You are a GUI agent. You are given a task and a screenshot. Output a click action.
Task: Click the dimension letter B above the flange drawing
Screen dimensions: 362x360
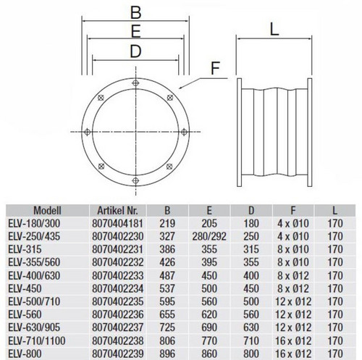tap(135, 12)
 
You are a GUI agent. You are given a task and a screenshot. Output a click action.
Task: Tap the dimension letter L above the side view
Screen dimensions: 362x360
tap(274, 30)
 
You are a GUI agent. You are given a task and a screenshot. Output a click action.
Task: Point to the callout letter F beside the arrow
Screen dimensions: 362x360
tap(215, 68)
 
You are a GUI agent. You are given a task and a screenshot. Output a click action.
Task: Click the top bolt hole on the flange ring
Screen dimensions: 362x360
tap(135, 83)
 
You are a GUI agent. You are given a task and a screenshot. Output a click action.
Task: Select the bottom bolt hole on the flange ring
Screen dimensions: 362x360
tap(135, 180)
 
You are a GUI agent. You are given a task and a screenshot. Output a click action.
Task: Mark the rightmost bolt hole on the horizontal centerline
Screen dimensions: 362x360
tap(184, 132)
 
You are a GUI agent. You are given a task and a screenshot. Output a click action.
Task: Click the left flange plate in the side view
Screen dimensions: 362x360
tap(239, 133)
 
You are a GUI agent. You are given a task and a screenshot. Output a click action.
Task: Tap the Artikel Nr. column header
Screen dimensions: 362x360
tap(117, 211)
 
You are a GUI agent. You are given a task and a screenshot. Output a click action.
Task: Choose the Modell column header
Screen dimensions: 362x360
tap(47, 211)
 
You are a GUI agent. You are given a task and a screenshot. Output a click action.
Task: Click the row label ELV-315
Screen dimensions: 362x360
tap(25, 249)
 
